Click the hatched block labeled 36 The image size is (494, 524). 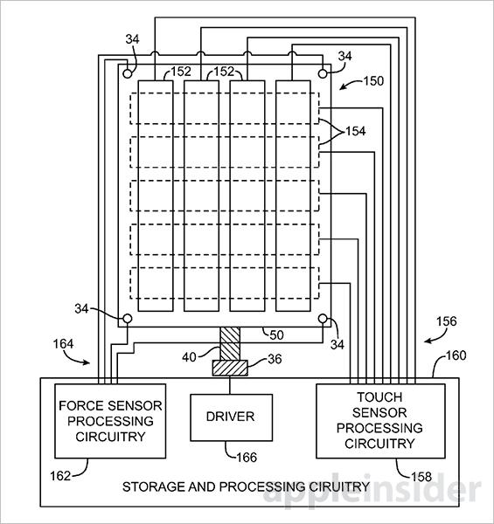(x=230, y=368)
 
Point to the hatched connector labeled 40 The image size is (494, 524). (x=230, y=343)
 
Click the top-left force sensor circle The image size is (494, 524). (x=128, y=73)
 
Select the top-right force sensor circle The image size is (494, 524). (x=323, y=73)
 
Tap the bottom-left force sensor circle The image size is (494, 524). (x=128, y=319)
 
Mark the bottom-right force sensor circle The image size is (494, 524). (x=323, y=319)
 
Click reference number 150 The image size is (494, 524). (x=373, y=81)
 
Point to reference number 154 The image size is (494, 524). (x=355, y=131)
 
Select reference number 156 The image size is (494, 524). (x=446, y=321)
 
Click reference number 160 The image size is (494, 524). (x=456, y=355)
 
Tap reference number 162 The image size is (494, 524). (x=60, y=476)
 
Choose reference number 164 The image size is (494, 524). (x=63, y=344)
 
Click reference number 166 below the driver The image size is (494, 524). (x=247, y=458)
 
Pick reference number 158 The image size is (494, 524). (x=421, y=477)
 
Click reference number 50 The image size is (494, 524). (x=276, y=335)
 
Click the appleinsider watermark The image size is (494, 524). (x=372, y=490)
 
